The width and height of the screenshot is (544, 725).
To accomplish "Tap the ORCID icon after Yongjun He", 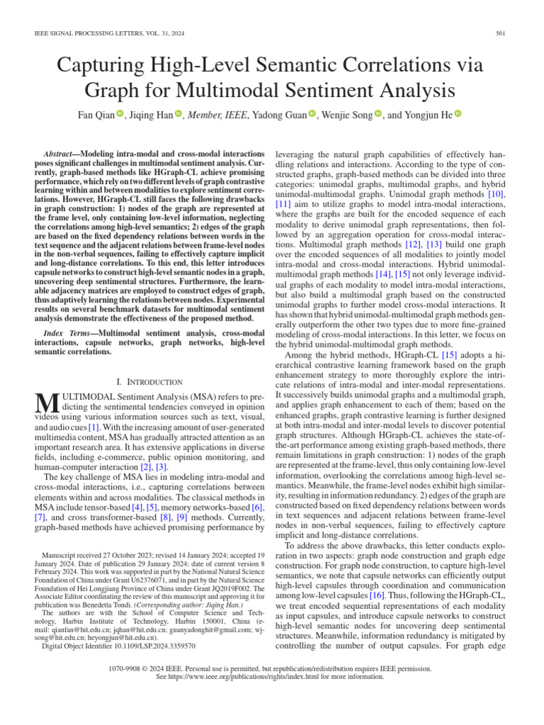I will pos(458,114).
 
